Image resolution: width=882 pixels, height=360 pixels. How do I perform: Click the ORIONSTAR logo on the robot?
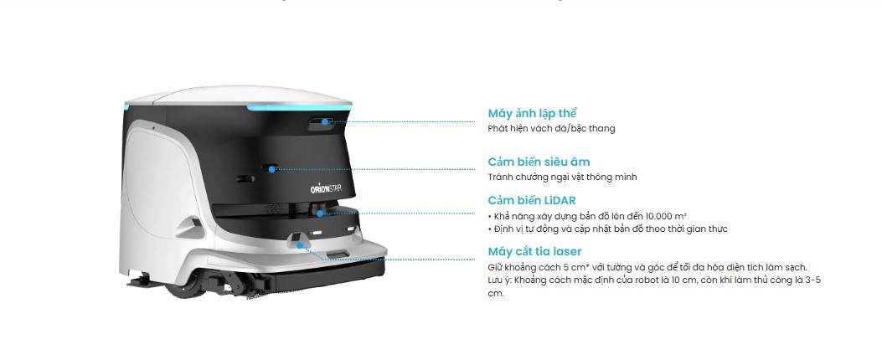click(326, 189)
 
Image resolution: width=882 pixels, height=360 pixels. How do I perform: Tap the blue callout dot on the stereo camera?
click(324, 121)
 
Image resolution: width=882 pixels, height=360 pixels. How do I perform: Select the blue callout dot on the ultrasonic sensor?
click(273, 169)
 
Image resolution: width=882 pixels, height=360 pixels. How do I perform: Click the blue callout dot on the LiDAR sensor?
click(319, 213)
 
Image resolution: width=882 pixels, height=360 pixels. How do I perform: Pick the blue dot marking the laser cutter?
click(301, 245)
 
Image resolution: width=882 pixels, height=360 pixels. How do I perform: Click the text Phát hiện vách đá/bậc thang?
click(551, 129)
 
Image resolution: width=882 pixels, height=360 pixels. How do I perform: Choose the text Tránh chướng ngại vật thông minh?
click(563, 177)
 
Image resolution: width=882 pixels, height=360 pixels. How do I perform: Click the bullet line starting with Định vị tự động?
click(607, 229)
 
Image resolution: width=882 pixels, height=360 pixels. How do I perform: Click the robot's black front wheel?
click(183, 286)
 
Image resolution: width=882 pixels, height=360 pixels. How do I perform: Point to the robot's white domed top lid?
click(239, 95)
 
